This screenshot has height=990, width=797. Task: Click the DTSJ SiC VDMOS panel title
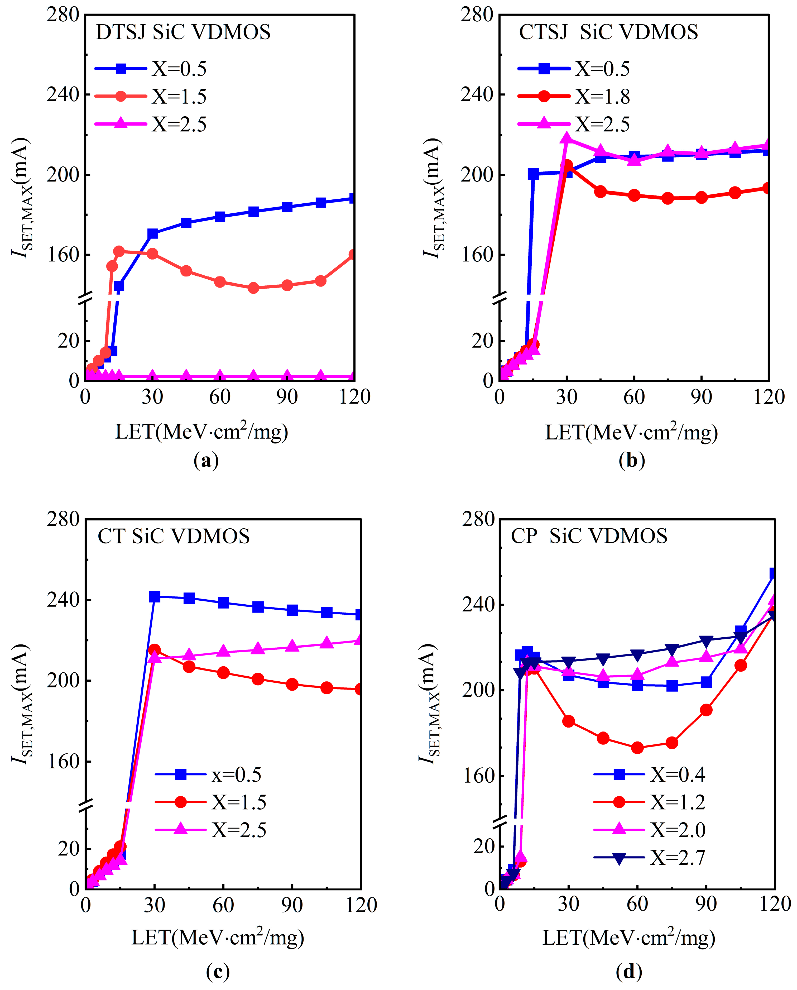tap(183, 32)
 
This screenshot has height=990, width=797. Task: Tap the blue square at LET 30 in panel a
tap(152, 234)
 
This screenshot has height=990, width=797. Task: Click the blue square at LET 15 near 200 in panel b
tap(533, 174)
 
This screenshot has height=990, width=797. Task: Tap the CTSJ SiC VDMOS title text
tap(608, 32)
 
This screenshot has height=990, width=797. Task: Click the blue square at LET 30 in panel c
tap(155, 597)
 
